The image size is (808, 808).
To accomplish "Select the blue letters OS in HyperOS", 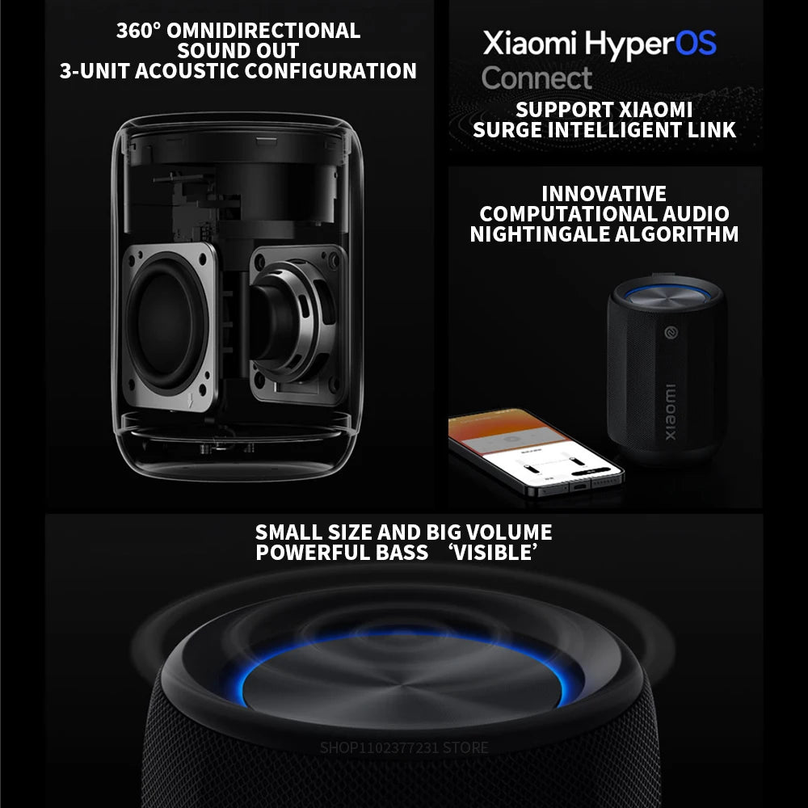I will [694, 43].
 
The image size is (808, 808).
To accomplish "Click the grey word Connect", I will [537, 78].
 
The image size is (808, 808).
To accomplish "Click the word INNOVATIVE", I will [604, 194].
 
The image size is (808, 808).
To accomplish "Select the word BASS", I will [396, 553].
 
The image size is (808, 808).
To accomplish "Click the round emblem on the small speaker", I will [671, 332].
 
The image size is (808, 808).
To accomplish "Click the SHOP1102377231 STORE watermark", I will [404, 747].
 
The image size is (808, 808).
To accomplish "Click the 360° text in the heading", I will [139, 31].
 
